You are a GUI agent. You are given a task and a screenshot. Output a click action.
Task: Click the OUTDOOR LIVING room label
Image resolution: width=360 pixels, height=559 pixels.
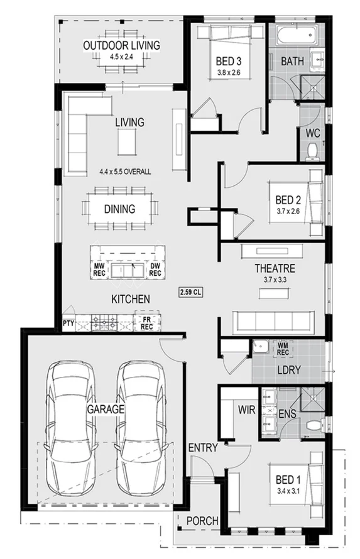pos(121,45)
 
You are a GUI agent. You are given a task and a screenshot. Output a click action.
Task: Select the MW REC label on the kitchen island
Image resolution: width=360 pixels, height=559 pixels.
pos(99,270)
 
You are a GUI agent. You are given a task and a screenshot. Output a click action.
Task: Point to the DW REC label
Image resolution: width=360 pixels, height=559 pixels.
pos(155,270)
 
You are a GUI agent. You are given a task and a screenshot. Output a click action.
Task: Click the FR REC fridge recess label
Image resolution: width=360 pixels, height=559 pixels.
pos(146,323)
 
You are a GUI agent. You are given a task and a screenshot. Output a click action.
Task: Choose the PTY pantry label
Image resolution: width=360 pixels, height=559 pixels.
pos(68,323)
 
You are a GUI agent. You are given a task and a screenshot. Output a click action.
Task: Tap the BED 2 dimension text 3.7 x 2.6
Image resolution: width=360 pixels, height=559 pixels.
pos(288,212)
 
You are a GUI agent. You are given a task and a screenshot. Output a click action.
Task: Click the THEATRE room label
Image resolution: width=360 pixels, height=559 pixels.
pos(275,268)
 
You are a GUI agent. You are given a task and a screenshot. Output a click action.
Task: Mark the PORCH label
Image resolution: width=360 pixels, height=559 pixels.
pos(203,521)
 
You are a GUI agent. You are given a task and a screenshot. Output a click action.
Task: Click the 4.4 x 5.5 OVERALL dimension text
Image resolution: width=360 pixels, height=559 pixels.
pos(125,171)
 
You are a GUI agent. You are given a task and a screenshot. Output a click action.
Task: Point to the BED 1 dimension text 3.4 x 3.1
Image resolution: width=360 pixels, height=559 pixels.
pos(288,492)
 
